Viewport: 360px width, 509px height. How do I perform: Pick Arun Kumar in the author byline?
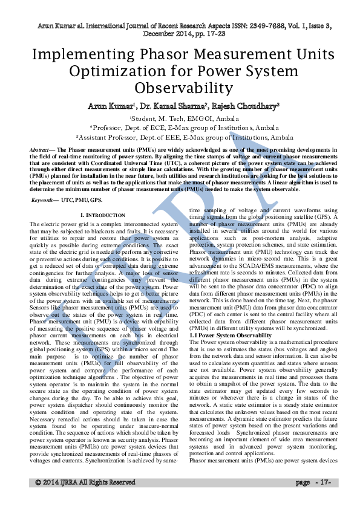111,106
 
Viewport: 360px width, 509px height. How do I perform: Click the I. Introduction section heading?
103,215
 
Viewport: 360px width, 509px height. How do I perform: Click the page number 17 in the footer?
324,482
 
